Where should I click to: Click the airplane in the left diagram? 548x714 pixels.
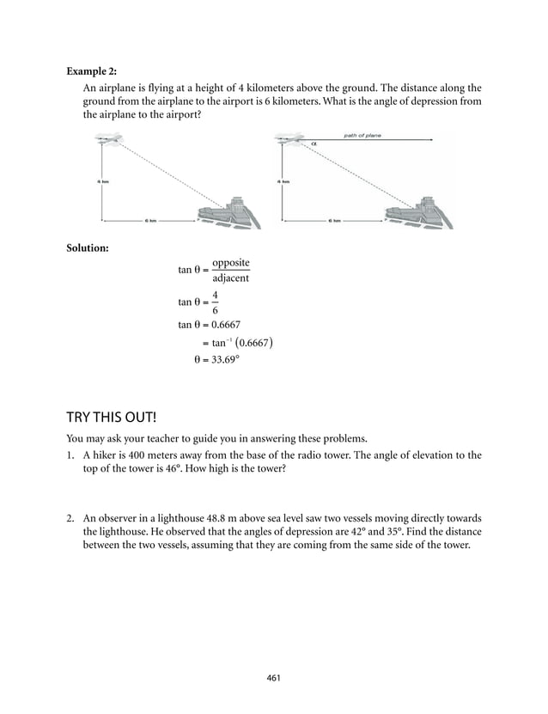pyautogui.click(x=108, y=139)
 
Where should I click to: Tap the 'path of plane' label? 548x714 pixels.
pyautogui.click(x=363, y=135)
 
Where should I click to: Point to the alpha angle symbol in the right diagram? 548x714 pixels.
pyautogui.click(x=314, y=143)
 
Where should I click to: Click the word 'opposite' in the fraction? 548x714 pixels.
pyautogui.click(x=231, y=262)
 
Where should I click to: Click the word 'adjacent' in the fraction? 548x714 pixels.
pyautogui.click(x=231, y=278)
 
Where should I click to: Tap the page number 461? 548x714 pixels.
pyautogui.click(x=273, y=678)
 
